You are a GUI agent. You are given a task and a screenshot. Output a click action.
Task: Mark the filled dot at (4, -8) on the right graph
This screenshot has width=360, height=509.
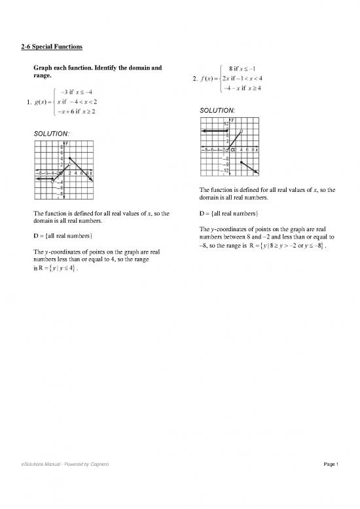coord(242,161)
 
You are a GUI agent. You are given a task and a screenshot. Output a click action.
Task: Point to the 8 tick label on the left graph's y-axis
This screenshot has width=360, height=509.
coord(62,147)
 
